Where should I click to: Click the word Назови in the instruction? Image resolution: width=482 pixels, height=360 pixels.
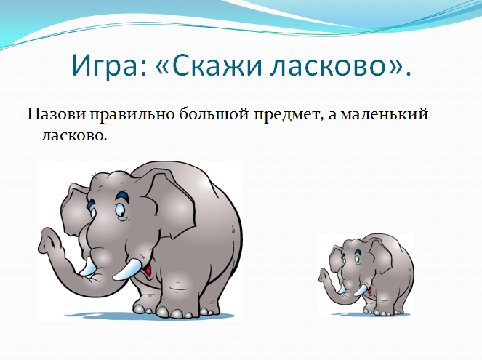57,114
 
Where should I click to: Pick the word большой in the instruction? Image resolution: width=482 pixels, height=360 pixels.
214,113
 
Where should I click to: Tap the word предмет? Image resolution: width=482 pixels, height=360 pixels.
288,115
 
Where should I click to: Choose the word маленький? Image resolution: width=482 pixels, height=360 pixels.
385,114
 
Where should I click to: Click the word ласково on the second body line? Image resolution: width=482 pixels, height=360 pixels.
74,135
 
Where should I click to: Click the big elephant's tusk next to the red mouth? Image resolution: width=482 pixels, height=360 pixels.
126,269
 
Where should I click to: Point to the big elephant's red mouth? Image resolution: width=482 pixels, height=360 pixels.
148,270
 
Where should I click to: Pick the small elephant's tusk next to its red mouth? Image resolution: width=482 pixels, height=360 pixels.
360,290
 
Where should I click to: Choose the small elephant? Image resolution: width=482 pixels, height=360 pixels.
366,275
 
